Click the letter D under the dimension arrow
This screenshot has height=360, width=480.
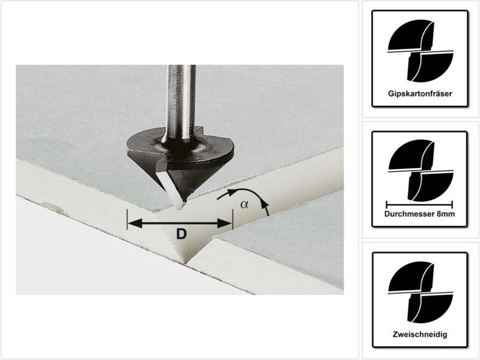(x=182, y=234)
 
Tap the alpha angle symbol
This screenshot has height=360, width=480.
(x=244, y=204)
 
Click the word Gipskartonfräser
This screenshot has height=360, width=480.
(x=420, y=94)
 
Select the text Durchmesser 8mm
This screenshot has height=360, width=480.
(x=420, y=214)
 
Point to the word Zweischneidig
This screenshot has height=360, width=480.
(x=420, y=334)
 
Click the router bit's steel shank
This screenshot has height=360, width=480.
(x=181, y=101)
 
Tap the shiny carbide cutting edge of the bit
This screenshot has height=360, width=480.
(x=169, y=188)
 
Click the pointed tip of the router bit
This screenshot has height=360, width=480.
(x=179, y=208)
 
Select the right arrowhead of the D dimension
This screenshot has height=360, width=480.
(x=224, y=223)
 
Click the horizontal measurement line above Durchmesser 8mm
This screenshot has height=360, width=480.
(x=419, y=204)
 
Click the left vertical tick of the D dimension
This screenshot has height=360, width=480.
(x=127, y=219)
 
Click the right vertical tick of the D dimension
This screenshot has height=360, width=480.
(x=233, y=219)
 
